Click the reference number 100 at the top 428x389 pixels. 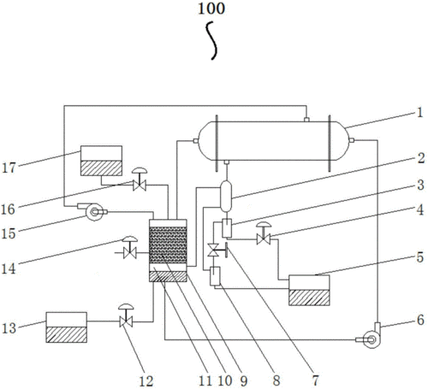tap(211, 9)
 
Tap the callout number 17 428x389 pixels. tap(9, 168)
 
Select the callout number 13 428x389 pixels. tap(9, 328)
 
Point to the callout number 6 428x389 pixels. tap(420, 320)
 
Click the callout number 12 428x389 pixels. tap(146, 381)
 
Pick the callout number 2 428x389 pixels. tap(421, 158)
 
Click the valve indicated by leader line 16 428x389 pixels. tap(140, 180)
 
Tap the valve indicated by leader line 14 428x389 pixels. tap(130, 247)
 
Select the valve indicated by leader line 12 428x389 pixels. tap(126, 315)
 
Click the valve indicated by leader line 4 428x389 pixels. tap(264, 233)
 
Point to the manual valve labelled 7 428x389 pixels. tap(217, 250)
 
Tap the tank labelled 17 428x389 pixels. tap(101, 161)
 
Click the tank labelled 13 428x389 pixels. tap(67, 327)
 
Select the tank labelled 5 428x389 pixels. tap(309, 290)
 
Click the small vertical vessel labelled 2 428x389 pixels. tap(226, 197)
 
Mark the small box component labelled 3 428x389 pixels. tap(227, 227)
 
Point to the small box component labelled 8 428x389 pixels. tap(215, 276)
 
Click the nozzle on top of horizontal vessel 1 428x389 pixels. tap(306, 120)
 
